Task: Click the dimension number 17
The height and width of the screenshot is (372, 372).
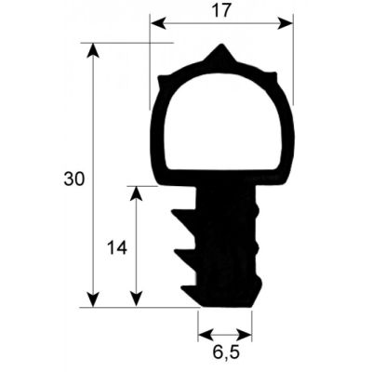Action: tap(221, 10)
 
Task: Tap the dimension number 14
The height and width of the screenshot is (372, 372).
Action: tap(116, 247)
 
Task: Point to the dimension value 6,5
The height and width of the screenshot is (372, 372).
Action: tap(224, 354)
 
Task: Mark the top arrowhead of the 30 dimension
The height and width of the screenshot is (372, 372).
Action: tap(93, 50)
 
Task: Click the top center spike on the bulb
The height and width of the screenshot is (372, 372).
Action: tap(220, 51)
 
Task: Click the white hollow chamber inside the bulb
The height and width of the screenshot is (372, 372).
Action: tap(220, 116)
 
